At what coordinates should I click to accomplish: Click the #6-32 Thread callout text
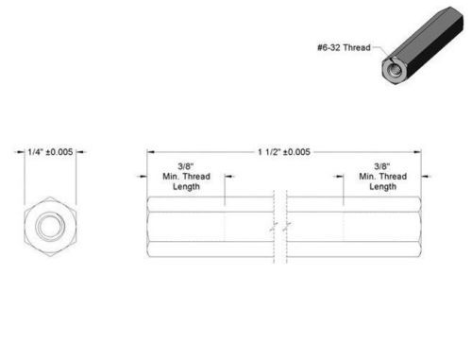pos(344,48)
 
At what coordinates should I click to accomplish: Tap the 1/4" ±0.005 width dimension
pos(50,152)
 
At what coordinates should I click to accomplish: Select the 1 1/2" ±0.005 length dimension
pos(284,152)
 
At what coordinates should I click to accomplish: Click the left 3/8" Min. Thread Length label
pos(186,177)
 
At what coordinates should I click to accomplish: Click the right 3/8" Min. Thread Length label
pos(383,177)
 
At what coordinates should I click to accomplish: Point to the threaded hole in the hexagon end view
pos(50,226)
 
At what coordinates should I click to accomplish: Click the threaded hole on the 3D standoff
pos(393,71)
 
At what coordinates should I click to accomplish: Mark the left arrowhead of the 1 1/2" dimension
pos(151,152)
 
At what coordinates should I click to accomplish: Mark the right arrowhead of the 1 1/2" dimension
pos(417,152)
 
